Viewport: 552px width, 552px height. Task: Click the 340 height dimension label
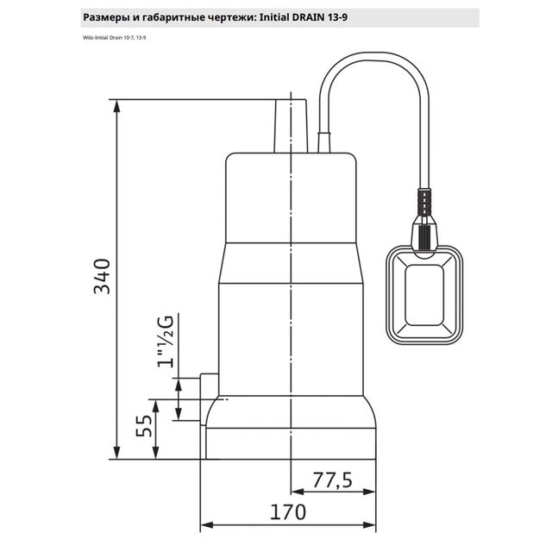tap(103, 276)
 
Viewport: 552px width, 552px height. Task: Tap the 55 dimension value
tap(144, 426)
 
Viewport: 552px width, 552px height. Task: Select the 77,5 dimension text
tap(332, 480)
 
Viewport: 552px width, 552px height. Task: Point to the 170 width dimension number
tap(287, 512)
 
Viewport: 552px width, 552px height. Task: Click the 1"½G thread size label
tap(166, 342)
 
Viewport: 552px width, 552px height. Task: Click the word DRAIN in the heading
tap(307, 17)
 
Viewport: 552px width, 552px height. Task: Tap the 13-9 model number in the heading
tap(337, 17)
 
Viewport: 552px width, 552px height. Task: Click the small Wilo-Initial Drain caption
tap(115, 38)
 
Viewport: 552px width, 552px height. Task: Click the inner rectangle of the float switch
tap(423, 295)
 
